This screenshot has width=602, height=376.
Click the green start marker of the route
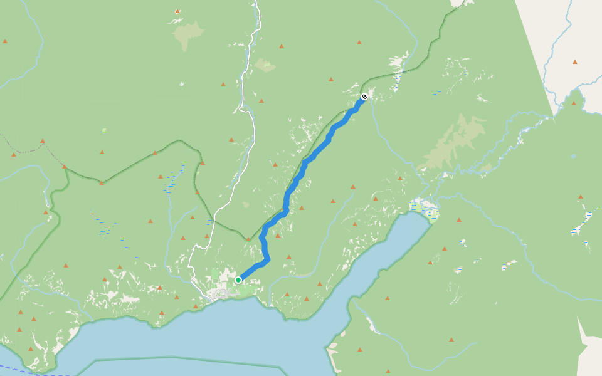coord(238,279)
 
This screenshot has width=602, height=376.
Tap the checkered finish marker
coord(364,97)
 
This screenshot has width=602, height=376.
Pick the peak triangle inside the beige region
coord(574,61)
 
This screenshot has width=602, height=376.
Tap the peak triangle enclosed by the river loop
coord(573,103)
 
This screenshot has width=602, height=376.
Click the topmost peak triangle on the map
coord(177,11)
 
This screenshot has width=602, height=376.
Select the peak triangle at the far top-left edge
coord(5,41)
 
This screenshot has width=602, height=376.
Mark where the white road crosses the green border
coord(214,221)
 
